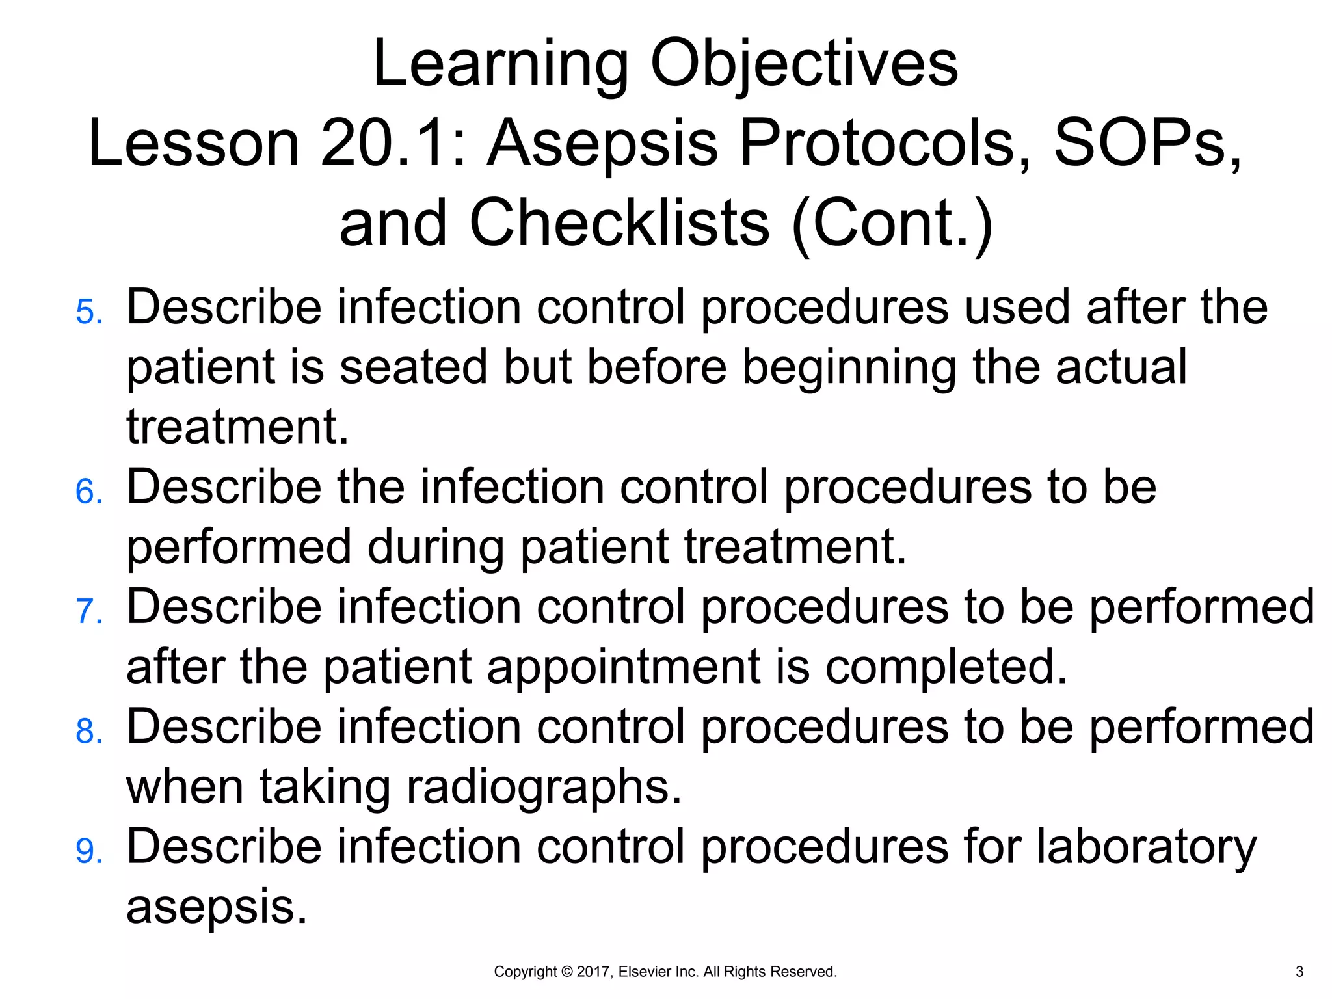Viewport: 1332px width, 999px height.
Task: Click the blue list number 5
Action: pyautogui.click(x=88, y=312)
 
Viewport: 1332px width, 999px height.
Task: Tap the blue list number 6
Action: pyautogui.click(x=88, y=492)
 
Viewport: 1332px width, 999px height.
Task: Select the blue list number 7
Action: pyautogui.click(x=88, y=612)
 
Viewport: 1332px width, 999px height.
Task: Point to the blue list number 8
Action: pyautogui.click(x=88, y=732)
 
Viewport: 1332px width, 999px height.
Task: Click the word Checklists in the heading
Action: pyautogui.click(x=619, y=223)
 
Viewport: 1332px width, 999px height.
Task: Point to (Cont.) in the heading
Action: pyautogui.click(x=892, y=223)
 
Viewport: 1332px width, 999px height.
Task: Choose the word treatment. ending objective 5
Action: pyautogui.click(x=237, y=427)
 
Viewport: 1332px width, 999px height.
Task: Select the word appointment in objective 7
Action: pyautogui.click(x=624, y=667)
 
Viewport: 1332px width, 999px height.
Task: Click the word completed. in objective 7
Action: pyautogui.click(x=946, y=667)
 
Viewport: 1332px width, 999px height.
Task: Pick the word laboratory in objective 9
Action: pyautogui.click(x=1146, y=847)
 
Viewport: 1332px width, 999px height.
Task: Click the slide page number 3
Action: pyautogui.click(x=1299, y=972)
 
